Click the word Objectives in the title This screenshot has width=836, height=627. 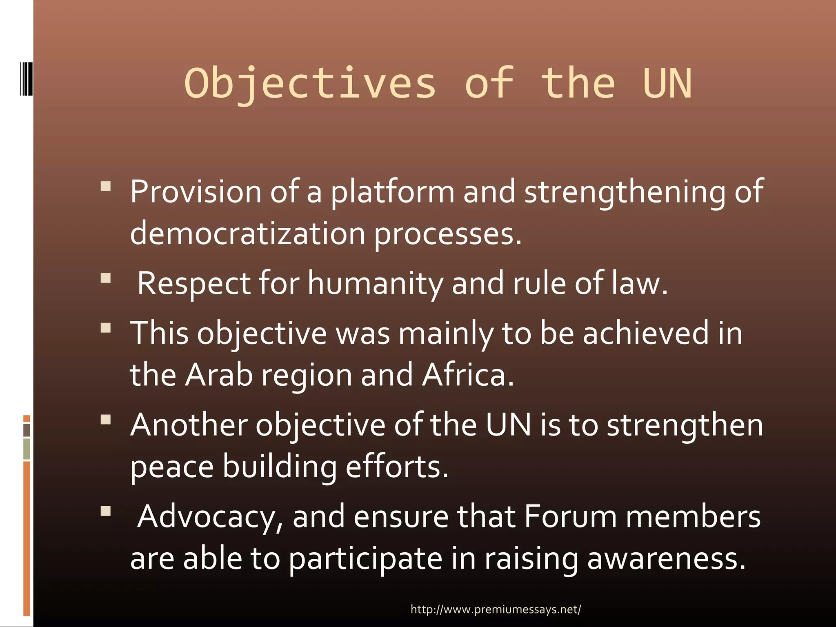(x=310, y=84)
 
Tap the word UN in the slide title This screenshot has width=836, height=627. (x=667, y=84)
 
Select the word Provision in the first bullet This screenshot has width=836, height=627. (x=196, y=192)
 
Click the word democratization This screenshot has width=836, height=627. (x=247, y=234)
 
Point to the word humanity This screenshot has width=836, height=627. (x=375, y=283)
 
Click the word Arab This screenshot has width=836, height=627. (x=219, y=375)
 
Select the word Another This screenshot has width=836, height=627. (x=189, y=425)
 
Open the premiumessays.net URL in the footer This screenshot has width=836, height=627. (x=496, y=609)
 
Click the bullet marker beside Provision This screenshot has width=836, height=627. (x=106, y=187)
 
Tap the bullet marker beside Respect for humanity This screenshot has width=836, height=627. (x=106, y=278)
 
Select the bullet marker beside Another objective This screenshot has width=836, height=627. (x=106, y=420)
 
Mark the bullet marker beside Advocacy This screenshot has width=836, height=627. (x=106, y=511)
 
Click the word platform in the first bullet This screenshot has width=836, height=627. (x=392, y=192)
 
